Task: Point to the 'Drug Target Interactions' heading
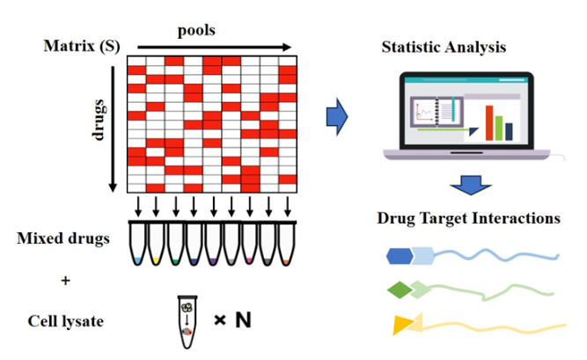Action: pos(469,217)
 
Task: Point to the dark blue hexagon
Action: pos(400,256)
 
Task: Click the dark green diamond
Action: pos(399,290)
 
